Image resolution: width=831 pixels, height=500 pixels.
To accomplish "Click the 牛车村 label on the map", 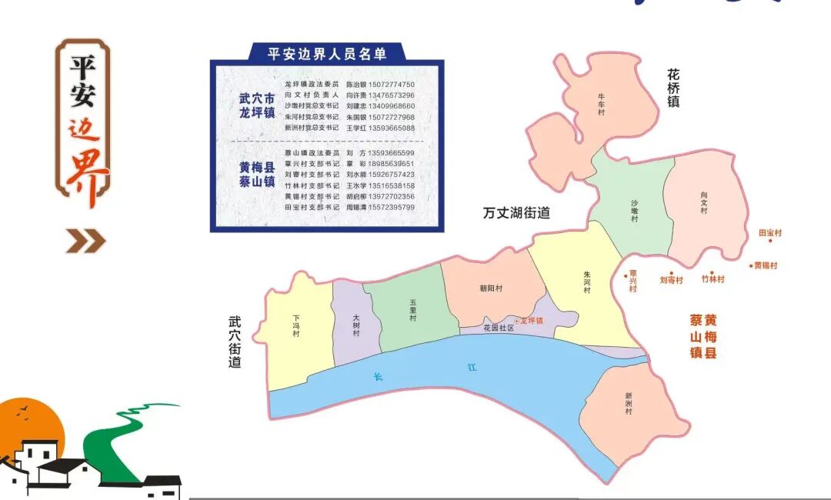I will (x=602, y=103).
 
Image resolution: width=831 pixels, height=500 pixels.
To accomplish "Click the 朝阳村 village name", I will (x=490, y=289).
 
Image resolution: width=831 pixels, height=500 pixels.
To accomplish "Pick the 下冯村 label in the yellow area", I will (x=296, y=325).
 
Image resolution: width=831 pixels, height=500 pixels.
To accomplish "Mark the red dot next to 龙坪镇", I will (x=517, y=321).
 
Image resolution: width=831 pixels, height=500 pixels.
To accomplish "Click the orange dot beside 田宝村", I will (x=769, y=240).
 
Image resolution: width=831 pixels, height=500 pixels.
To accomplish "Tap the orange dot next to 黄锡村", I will (x=751, y=266).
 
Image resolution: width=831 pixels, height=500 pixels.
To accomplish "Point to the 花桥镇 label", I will (x=673, y=88).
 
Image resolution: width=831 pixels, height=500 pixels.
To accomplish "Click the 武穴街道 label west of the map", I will (x=235, y=342).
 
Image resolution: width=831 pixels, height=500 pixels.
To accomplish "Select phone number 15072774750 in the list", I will (x=392, y=84).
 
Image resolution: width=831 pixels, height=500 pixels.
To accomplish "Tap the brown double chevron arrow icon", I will (x=85, y=242).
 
